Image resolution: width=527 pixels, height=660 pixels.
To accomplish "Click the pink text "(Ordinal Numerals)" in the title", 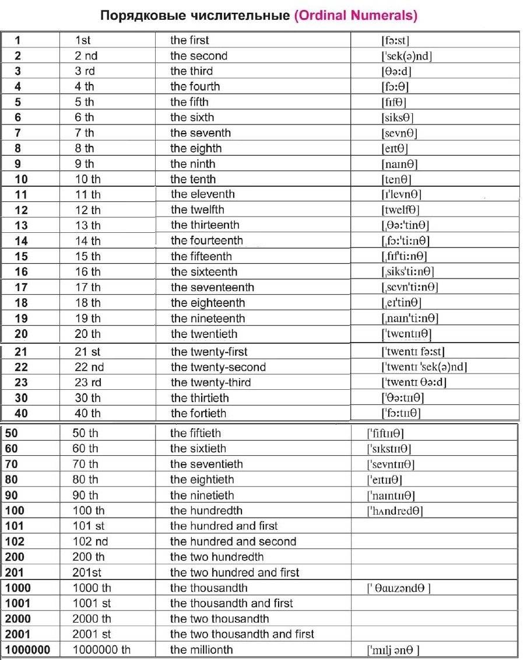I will [x=356, y=15].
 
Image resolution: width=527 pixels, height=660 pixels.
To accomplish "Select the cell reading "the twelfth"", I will [x=197, y=209].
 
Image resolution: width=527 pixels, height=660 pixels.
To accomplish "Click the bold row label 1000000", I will [x=27, y=649].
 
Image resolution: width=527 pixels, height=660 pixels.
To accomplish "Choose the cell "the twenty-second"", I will [x=218, y=367].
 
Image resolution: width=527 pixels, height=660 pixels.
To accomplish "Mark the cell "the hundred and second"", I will [x=233, y=542].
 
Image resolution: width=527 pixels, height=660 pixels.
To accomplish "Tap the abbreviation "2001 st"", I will [x=92, y=634].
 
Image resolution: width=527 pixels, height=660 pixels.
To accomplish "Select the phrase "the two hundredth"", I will [x=217, y=557].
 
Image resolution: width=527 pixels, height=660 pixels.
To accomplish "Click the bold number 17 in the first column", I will [x=21, y=287].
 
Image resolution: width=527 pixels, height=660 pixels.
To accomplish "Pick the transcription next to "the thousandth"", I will [x=398, y=588].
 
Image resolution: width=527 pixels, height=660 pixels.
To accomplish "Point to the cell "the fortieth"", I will [x=198, y=413].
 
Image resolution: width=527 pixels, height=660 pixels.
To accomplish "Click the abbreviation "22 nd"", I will [x=89, y=367].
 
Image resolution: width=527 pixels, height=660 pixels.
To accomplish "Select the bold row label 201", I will [x=15, y=572].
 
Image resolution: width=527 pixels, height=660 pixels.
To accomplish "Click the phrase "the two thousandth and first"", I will [x=242, y=634].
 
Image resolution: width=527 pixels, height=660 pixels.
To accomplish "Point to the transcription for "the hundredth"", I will [x=394, y=511].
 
